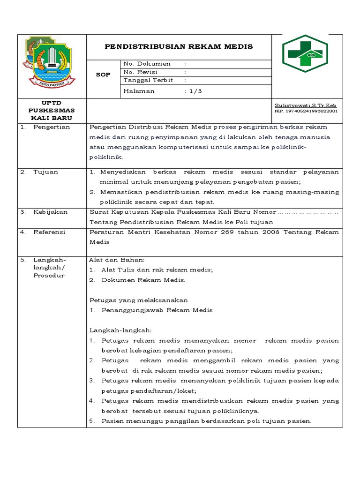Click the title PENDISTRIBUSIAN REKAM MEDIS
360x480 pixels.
[179, 46]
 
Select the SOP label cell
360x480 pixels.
[103, 75]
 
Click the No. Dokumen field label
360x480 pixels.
[147, 64]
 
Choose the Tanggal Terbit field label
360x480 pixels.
[148, 80]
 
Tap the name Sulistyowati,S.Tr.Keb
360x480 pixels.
[305, 106]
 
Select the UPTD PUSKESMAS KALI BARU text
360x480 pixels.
[52, 110]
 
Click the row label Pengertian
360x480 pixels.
[52, 127]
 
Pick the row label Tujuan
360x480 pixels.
[45, 172]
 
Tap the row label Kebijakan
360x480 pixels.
[50, 212]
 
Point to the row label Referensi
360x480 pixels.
[49, 232]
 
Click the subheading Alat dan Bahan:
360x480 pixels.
[117, 260]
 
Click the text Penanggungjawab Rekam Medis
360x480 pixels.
[157, 310]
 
